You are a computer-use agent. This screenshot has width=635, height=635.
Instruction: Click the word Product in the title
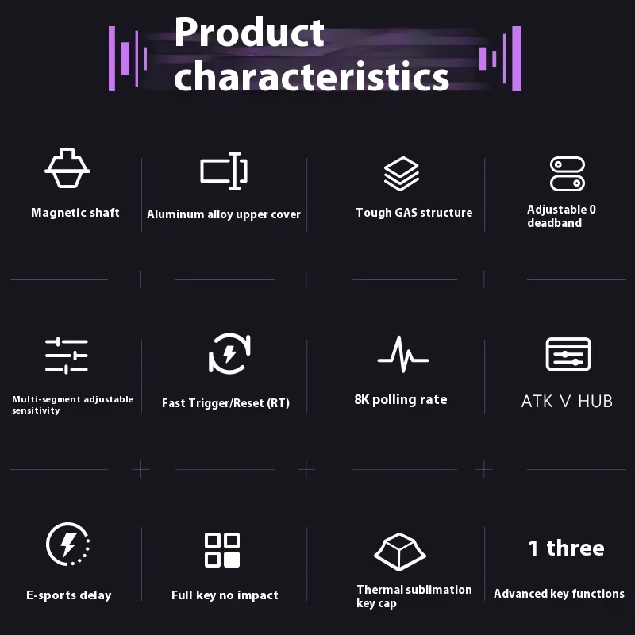point(249,33)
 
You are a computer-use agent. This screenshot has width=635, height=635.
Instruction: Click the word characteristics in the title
point(311,75)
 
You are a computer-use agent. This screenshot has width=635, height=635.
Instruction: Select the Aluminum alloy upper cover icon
point(224,171)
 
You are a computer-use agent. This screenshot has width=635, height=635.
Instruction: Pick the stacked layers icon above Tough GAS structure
point(402,173)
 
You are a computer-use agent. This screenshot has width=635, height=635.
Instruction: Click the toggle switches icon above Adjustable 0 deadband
point(568,174)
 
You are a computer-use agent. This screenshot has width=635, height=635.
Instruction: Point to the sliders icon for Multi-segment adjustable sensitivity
point(67,355)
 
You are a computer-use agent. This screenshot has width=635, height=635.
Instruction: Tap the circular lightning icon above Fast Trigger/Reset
point(229,353)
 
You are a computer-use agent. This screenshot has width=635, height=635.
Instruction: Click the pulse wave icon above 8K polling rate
point(403,354)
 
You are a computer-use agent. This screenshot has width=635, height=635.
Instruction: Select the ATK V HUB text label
point(567,402)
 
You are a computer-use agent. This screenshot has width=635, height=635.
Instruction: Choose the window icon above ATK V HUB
point(568,354)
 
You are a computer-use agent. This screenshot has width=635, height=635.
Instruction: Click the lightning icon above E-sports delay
point(67,544)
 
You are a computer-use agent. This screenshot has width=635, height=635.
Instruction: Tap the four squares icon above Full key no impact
point(222,550)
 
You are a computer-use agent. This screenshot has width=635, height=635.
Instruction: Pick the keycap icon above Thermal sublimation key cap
point(400,552)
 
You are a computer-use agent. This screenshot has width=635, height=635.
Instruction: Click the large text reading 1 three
point(566,548)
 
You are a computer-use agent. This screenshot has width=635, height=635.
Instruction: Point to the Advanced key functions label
point(559,594)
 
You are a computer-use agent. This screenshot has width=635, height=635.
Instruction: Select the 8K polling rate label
point(401,400)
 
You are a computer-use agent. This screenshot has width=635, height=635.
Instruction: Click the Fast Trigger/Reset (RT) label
point(225,403)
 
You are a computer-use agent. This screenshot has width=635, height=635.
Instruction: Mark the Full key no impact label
point(225,595)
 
